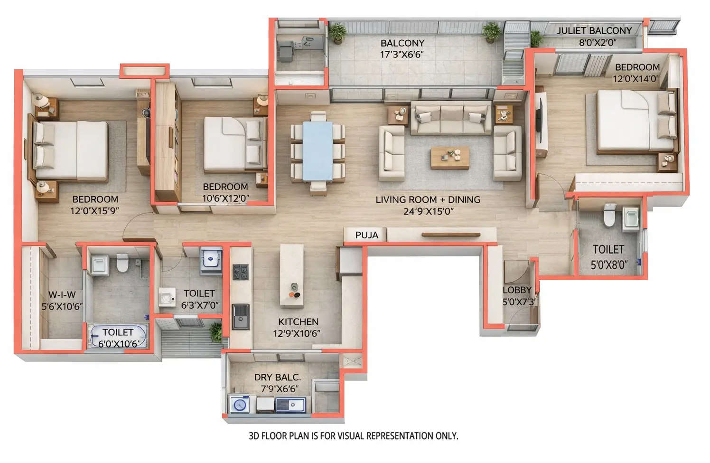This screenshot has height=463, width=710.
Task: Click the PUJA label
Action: (366, 235)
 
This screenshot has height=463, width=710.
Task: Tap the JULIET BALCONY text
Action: (594, 31)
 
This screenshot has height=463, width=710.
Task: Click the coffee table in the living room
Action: (449, 158)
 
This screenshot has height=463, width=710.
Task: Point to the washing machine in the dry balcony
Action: (240, 405)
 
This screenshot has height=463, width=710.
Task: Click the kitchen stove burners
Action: (241, 273)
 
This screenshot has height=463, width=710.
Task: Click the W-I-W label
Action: (62, 294)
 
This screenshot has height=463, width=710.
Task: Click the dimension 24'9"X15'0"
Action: (428, 211)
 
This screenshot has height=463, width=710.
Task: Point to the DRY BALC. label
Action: (278, 377)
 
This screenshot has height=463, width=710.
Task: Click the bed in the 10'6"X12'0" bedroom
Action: (234, 144)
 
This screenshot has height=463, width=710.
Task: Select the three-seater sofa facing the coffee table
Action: (449, 118)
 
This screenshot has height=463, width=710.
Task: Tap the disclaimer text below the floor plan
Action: (354, 435)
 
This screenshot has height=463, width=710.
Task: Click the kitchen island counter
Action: (291, 275)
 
